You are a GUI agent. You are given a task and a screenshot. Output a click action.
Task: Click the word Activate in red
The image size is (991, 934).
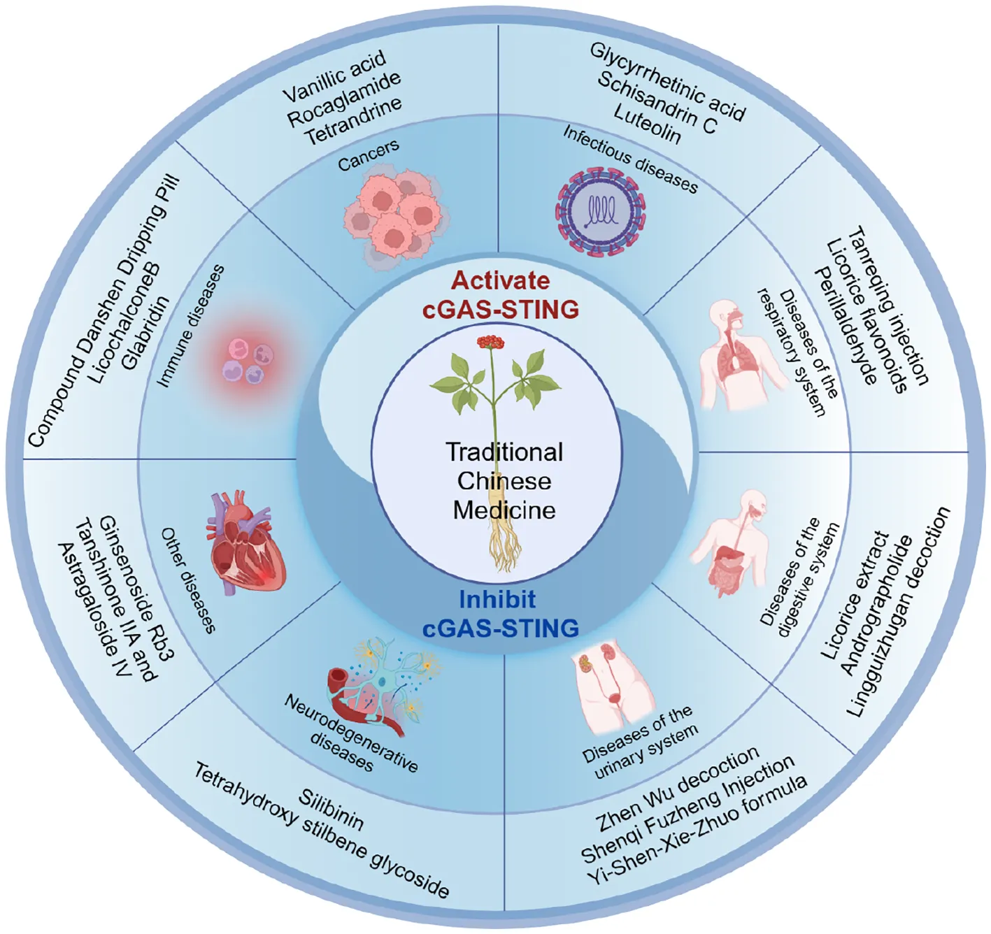500,280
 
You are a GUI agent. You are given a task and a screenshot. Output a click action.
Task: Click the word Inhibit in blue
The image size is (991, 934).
497,600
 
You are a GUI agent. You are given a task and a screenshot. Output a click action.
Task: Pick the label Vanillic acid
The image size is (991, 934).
334,76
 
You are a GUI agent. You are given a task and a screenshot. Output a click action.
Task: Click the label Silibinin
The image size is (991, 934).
331,810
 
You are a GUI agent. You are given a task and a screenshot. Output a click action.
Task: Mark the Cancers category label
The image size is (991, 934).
368,155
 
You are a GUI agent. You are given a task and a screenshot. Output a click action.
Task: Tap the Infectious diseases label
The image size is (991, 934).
630,159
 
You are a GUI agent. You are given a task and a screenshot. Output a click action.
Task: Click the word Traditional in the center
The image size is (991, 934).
504,452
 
